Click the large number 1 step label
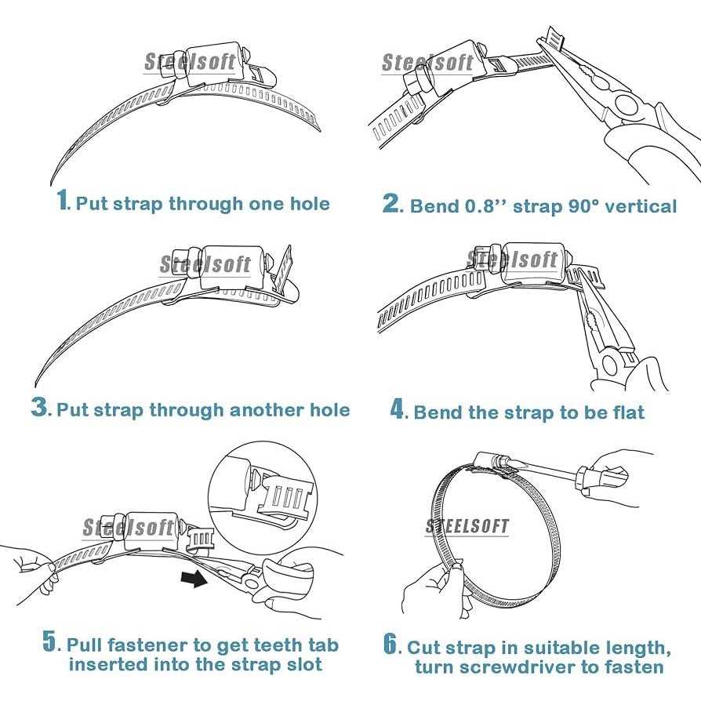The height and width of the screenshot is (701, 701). click(63, 201)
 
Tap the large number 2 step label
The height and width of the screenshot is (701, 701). click(391, 204)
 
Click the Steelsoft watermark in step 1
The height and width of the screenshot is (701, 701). click(190, 63)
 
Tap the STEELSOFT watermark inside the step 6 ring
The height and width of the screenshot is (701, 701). click(467, 526)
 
